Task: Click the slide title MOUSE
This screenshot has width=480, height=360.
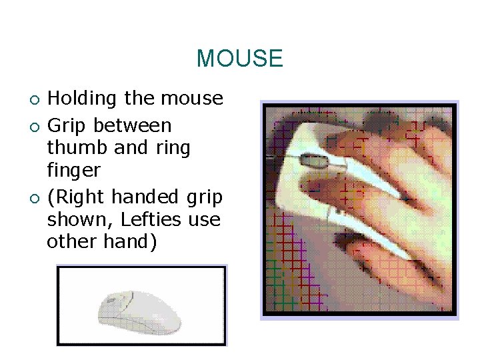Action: tap(239, 59)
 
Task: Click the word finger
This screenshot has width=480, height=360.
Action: tap(73, 171)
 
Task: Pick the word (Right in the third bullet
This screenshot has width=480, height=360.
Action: tap(76, 198)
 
